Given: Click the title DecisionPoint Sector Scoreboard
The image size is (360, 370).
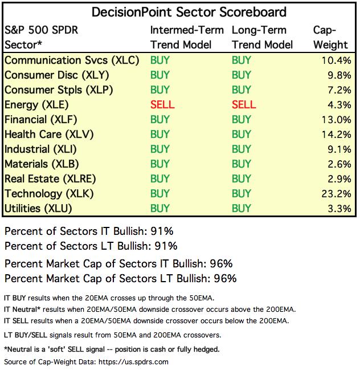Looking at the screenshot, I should [x=181, y=11].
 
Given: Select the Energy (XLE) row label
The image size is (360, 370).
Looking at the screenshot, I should [x=36, y=105].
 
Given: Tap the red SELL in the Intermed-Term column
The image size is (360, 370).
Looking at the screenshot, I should [x=162, y=105].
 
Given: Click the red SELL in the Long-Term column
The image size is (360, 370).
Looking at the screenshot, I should [x=244, y=105].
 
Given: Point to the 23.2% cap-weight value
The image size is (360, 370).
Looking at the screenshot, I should [x=336, y=194].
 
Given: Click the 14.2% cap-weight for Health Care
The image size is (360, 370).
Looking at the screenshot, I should [x=336, y=135].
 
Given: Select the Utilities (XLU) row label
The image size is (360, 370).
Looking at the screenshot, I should [x=38, y=209].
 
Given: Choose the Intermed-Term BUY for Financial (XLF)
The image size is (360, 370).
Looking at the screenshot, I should [x=161, y=120].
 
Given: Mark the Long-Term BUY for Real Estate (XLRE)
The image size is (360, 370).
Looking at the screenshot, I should [x=242, y=179].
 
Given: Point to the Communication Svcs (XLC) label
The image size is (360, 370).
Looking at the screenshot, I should [x=71, y=60].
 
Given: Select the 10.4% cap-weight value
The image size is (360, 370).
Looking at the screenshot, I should [x=336, y=60].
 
